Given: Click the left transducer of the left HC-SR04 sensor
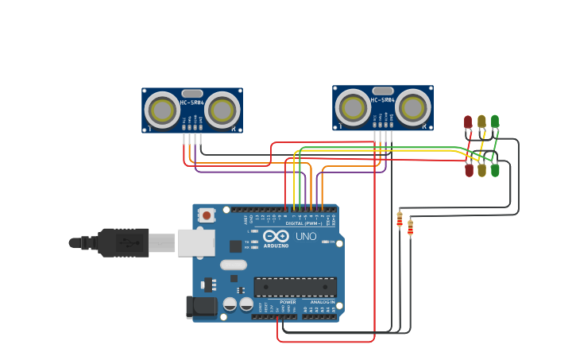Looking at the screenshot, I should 163,110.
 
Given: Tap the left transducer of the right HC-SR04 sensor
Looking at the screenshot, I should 353,107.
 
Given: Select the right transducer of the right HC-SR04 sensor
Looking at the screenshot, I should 413,107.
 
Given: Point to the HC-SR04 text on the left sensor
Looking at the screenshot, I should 192,103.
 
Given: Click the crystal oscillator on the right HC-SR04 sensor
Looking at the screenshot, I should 383,91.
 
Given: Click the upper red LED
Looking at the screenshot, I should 468,122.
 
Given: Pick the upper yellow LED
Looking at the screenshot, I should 481,121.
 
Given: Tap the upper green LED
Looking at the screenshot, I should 495,121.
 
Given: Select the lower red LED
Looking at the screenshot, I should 469,170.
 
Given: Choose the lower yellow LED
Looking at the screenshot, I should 481,170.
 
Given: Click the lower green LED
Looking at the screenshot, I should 495,170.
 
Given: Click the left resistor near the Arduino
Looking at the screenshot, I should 400,220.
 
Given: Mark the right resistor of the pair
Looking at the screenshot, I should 410,229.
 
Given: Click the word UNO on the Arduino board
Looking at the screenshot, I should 306,237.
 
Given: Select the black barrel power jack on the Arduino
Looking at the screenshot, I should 201,308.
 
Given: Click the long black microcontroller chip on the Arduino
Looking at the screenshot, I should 295,287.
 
